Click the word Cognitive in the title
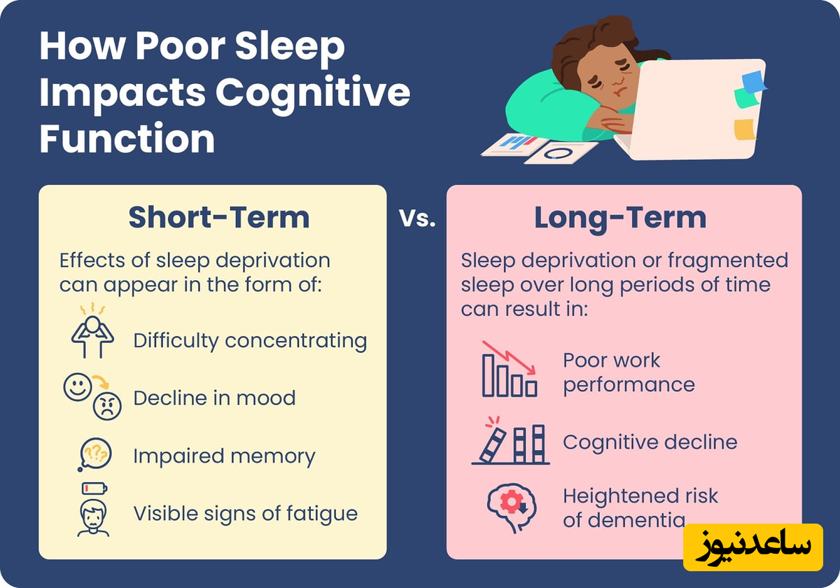tap(313, 92)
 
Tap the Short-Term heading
tap(219, 218)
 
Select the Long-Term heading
tap(620, 218)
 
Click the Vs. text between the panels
tap(417, 218)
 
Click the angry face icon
tap(107, 406)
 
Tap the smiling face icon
tap(78, 386)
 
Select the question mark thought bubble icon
tap(94, 454)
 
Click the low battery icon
tap(94, 489)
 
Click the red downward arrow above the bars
tap(510, 358)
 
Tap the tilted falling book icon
tap(493, 445)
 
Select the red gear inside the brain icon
tap(511, 502)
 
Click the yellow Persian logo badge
tap(753, 547)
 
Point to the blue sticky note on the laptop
tap(754, 82)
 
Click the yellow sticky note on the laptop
tap(745, 129)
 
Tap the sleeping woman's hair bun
tap(616, 31)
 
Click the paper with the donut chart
tap(561, 153)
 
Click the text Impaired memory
tap(224, 457)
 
